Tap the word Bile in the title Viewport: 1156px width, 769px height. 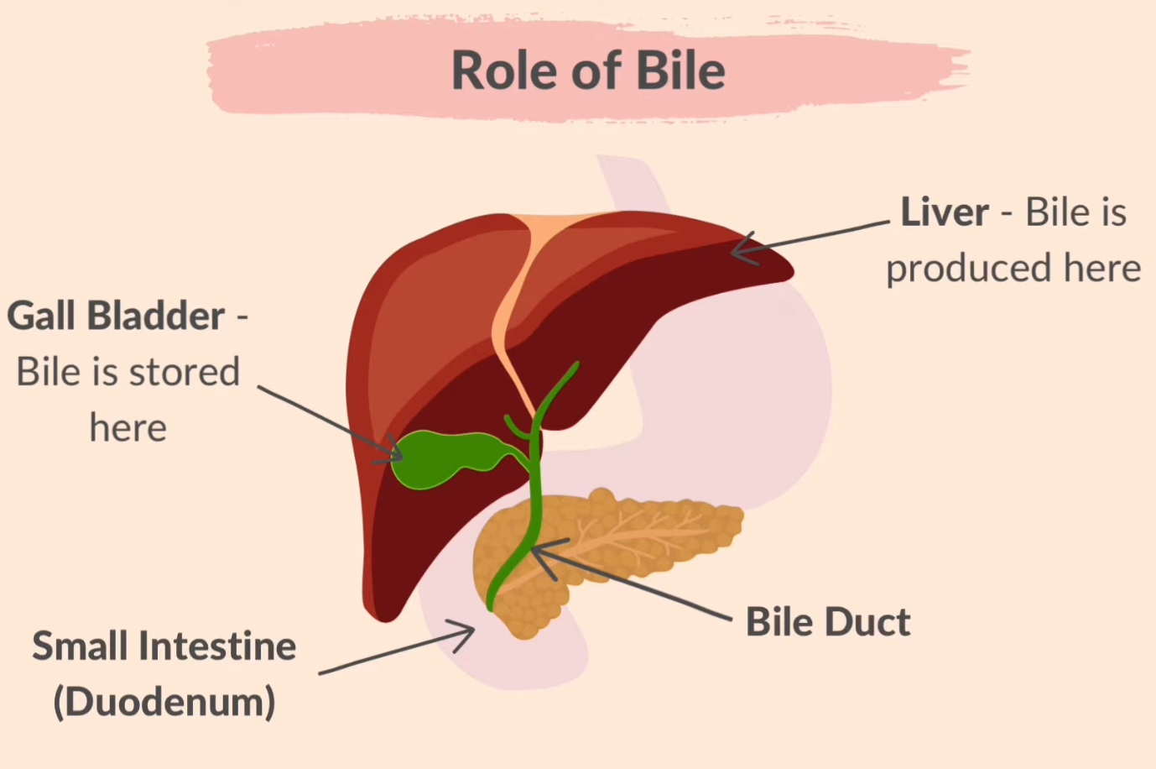(680, 71)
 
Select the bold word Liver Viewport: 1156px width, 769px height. (945, 212)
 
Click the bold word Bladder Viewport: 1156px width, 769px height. (156, 316)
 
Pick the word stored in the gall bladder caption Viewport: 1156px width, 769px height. (184, 372)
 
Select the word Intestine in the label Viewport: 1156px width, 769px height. (217, 646)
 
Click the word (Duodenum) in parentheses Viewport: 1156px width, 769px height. (164, 702)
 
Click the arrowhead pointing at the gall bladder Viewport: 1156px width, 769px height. (392, 453)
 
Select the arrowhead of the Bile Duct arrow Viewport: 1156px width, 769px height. (541, 554)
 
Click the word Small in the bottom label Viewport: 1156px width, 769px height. (80, 646)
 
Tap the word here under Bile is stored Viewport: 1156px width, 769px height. (128, 428)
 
